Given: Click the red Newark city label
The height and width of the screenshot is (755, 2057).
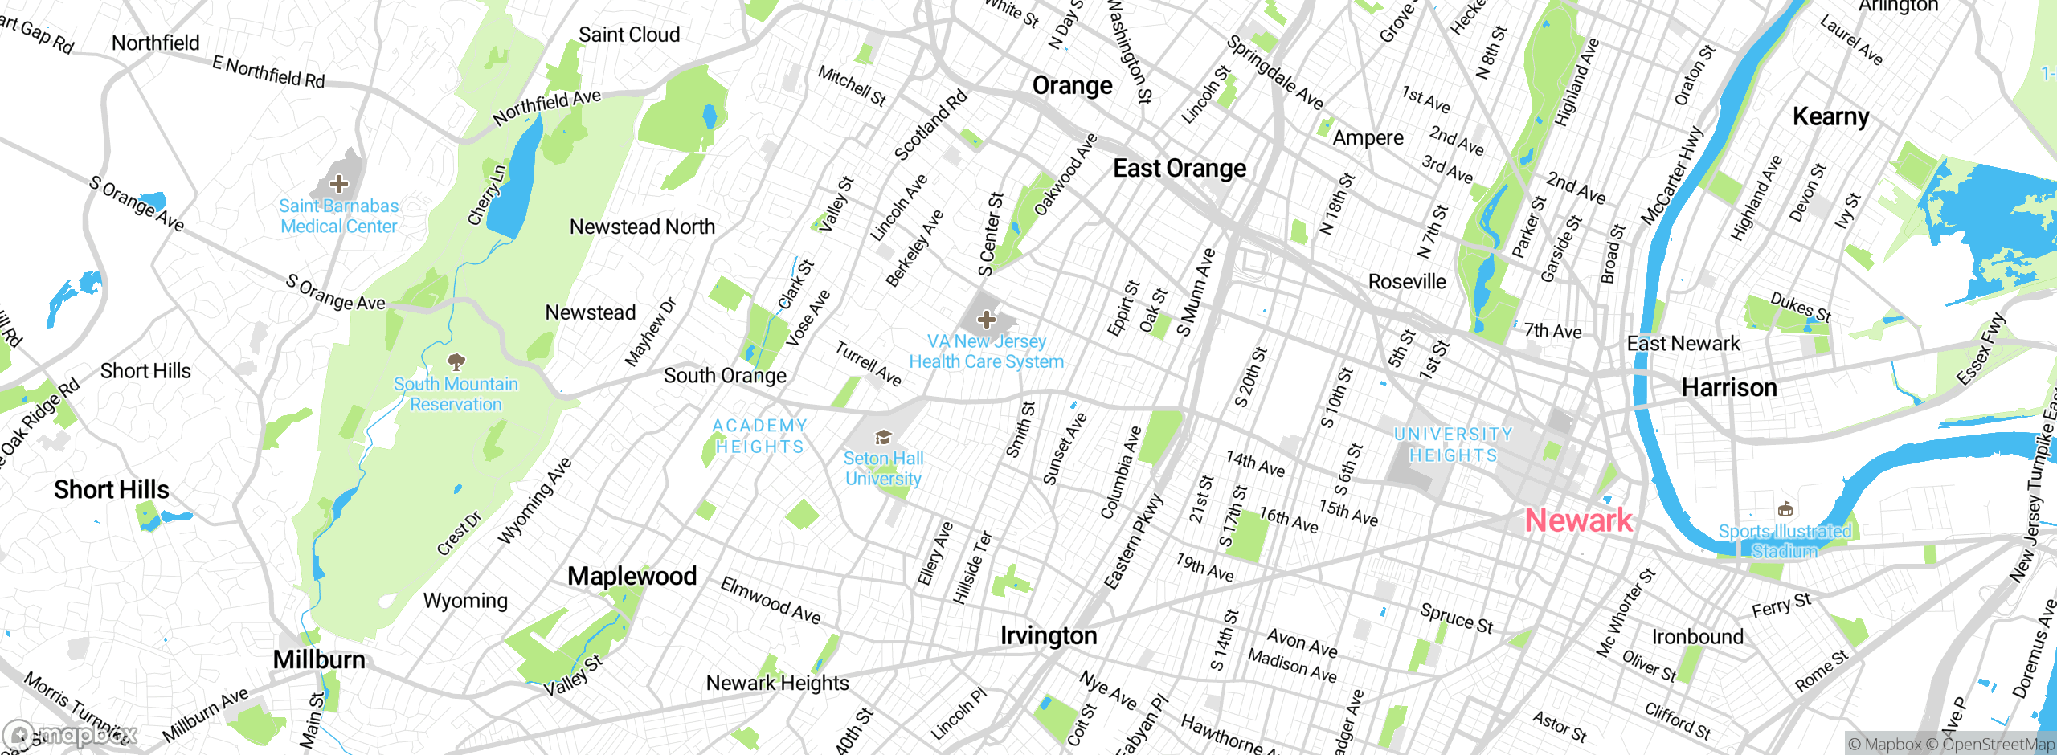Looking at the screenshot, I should (x=1578, y=520).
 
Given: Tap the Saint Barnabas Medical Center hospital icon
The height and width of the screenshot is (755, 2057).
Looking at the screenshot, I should (x=339, y=184).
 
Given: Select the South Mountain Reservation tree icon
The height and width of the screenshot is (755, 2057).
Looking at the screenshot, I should (x=456, y=361).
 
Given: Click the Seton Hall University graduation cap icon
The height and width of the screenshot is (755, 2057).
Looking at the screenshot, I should (x=883, y=437).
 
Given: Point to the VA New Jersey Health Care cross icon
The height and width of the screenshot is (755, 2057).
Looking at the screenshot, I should (x=986, y=320).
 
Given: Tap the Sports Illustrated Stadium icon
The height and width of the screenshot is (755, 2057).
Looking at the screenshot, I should (x=1785, y=508).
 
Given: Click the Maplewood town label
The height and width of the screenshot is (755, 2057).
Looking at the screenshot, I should (x=632, y=576).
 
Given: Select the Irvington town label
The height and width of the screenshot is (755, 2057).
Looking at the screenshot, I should (x=1048, y=635).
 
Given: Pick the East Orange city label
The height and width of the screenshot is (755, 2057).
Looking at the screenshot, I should (x=1179, y=169).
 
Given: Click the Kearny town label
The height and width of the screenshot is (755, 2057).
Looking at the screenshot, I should (x=1830, y=117).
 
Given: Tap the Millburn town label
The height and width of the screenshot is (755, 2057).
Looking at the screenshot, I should (x=319, y=659).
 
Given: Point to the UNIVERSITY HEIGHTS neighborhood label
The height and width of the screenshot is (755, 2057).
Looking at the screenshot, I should (x=1453, y=445).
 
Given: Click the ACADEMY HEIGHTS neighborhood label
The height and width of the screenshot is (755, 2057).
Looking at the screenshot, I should (x=759, y=436).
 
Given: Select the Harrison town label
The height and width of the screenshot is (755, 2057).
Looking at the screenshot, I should (x=1728, y=388).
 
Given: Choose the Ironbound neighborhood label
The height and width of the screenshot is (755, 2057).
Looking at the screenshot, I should (x=1697, y=637).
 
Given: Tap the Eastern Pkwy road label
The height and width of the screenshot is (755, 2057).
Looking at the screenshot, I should (x=1133, y=542).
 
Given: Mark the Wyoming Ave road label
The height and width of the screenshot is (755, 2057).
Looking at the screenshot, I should (x=534, y=500).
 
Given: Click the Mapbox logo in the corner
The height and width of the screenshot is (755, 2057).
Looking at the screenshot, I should (x=71, y=735).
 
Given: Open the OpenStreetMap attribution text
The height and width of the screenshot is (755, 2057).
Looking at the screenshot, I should (x=1990, y=745).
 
